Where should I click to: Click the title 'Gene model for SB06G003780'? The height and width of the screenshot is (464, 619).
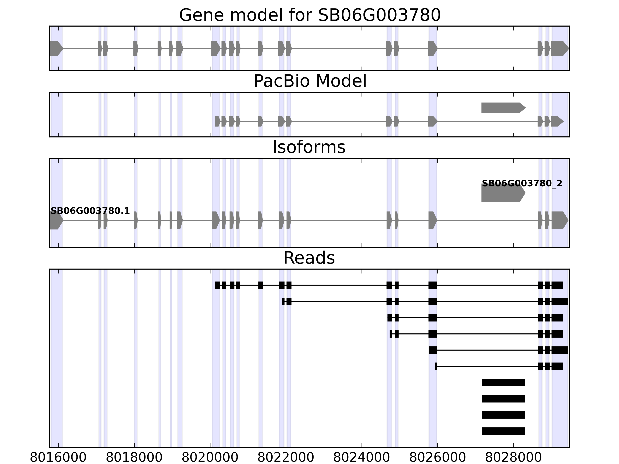point(310,15)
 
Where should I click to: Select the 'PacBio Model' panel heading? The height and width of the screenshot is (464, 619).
point(310,81)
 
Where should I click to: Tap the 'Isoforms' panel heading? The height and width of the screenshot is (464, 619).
point(309,147)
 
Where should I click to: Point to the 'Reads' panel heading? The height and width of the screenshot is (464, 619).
point(309,258)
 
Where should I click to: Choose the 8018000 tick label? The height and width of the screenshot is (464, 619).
point(134,458)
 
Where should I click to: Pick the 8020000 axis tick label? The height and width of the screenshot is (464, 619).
point(210,458)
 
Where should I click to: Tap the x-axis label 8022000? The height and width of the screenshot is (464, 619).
point(286,458)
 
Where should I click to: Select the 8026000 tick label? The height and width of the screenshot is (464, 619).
point(437,458)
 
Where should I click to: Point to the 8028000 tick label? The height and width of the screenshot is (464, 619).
point(514,458)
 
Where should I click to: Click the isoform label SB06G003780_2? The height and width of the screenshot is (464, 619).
point(522,184)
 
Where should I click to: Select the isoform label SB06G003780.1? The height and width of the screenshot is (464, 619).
point(90,211)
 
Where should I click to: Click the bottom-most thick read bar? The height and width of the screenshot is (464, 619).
point(503,431)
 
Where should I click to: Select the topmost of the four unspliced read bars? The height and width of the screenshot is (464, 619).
point(503,382)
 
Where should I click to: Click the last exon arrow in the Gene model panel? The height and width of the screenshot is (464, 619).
point(560,48)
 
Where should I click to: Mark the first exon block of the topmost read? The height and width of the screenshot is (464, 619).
point(217,285)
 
